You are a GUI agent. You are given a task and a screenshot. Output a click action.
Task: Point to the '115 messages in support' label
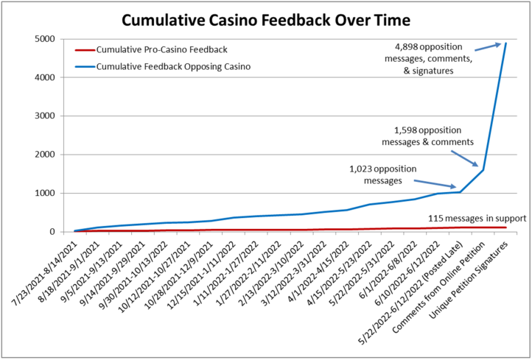click(x=477, y=219)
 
